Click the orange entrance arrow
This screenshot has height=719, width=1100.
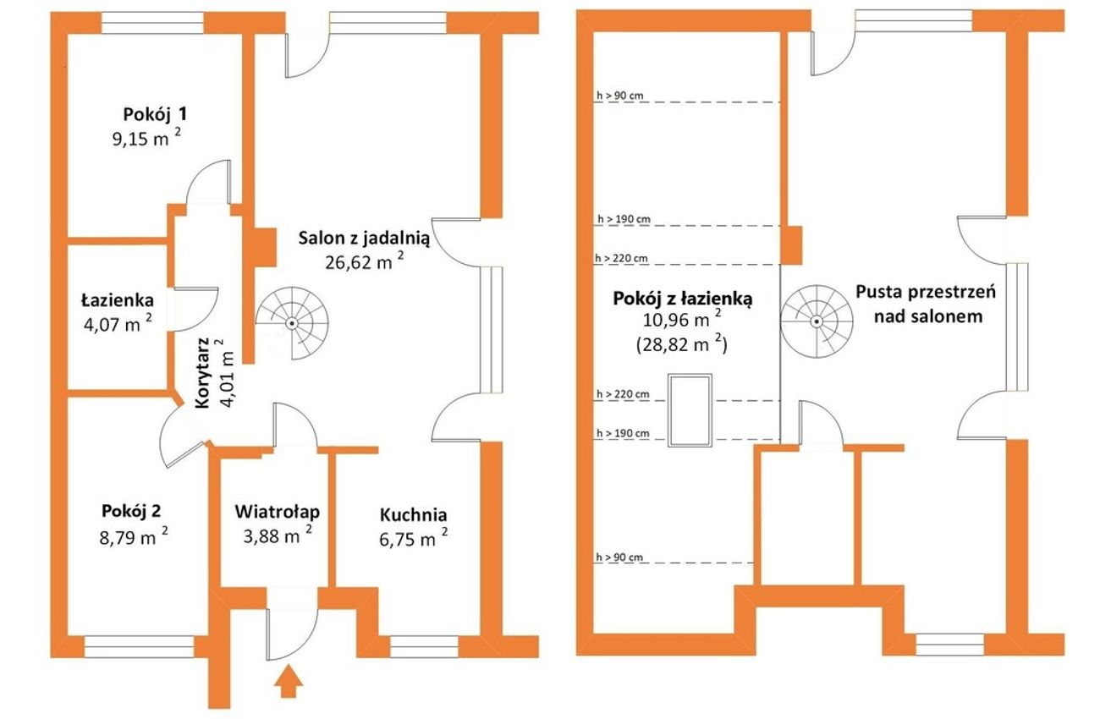click(289, 681)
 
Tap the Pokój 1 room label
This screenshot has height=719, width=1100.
click(155, 114)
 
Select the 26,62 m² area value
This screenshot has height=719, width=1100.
click(365, 262)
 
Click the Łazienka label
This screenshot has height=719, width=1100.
click(118, 300)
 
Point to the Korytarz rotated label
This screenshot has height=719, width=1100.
click(202, 373)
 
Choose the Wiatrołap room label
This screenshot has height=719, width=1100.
click(278, 512)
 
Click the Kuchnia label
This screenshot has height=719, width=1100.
click(414, 515)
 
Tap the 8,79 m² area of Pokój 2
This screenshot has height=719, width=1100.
click(134, 537)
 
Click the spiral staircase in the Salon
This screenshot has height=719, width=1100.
click(292, 323)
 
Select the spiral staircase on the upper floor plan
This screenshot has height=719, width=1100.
click(817, 321)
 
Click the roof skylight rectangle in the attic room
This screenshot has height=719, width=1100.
click(690, 410)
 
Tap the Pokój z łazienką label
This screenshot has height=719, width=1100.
click(682, 299)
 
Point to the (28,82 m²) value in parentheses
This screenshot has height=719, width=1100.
click(682, 345)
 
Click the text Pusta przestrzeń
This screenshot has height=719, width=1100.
click(926, 292)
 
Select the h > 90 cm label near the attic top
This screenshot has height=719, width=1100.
click(619, 96)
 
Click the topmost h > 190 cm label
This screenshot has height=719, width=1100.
click(624, 219)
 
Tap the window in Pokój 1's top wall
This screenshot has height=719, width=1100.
click(152, 23)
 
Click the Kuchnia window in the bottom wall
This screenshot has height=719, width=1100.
click(424, 647)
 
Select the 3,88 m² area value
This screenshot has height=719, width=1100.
click(278, 535)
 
